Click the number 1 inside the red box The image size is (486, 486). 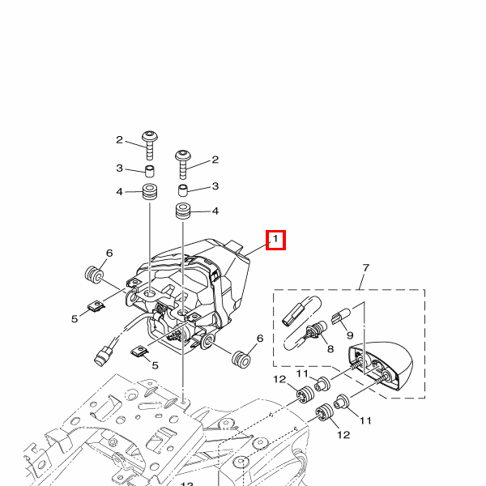pyautogui.click(x=275, y=240)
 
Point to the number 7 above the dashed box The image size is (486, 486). pyautogui.click(x=365, y=268)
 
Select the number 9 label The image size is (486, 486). pyautogui.click(x=351, y=334)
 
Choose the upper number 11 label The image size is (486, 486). pyautogui.click(x=301, y=373)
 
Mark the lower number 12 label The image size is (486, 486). pyautogui.click(x=343, y=435)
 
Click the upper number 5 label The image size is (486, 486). pyautogui.click(x=75, y=318)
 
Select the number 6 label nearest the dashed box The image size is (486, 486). pyautogui.click(x=260, y=339)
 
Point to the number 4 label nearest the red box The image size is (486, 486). pyautogui.click(x=215, y=211)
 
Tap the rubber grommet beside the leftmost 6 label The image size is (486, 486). pyautogui.click(x=93, y=274)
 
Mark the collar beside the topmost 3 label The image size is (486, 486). pyautogui.click(x=150, y=170)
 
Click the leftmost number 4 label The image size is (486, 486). pyautogui.click(x=119, y=192)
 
